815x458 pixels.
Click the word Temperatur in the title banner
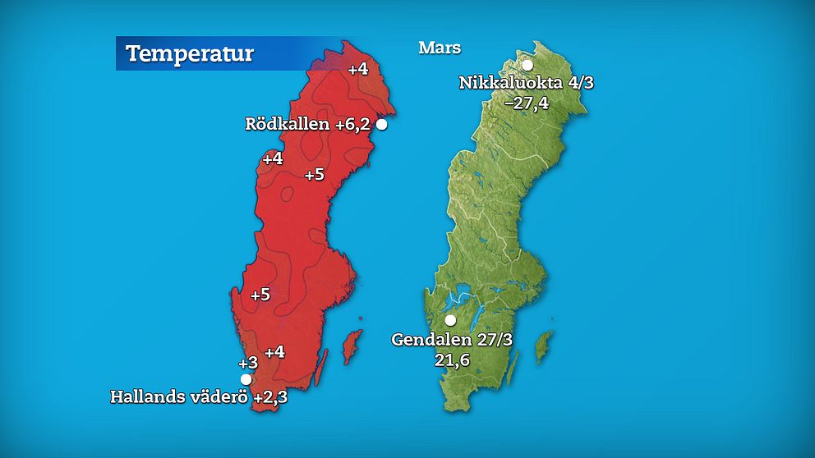pyautogui.click(x=190, y=55)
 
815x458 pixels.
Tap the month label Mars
pyautogui.click(x=440, y=48)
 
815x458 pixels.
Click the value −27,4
pyautogui.click(x=526, y=103)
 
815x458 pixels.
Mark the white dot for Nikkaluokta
pyautogui.click(x=527, y=65)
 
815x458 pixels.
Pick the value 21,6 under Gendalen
pyautogui.click(x=452, y=359)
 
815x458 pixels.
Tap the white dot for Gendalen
pyautogui.click(x=450, y=320)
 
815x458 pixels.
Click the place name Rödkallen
pyautogui.click(x=288, y=125)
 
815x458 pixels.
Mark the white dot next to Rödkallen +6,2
pyautogui.click(x=381, y=125)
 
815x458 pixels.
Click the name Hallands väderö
pyautogui.click(x=179, y=397)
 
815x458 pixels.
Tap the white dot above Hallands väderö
pyautogui.click(x=246, y=378)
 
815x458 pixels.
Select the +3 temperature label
pyautogui.click(x=248, y=363)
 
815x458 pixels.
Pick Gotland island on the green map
pyautogui.click(x=544, y=346)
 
